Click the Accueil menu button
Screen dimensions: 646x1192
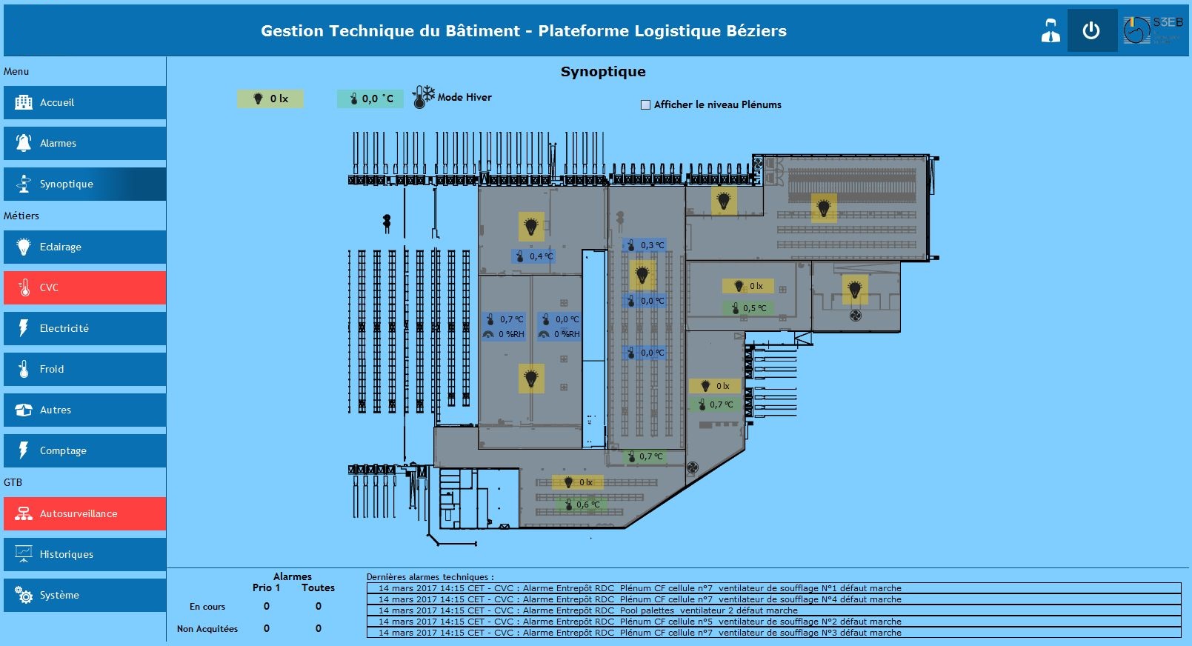tap(84, 102)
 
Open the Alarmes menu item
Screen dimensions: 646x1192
tap(84, 143)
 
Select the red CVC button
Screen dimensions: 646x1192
tap(84, 287)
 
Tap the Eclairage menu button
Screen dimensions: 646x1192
tap(84, 247)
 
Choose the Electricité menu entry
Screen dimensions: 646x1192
tap(84, 328)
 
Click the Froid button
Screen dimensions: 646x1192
tap(84, 369)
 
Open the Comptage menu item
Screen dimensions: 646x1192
tap(84, 450)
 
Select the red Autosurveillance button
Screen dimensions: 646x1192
tap(84, 513)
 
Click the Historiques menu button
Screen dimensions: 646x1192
tap(84, 554)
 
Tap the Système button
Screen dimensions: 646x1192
tap(84, 595)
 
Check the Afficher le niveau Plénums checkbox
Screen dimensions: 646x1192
tap(645, 105)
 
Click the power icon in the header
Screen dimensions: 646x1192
tap(1091, 31)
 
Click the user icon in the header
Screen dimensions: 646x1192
tap(1051, 31)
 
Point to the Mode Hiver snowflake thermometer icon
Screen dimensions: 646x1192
tap(423, 97)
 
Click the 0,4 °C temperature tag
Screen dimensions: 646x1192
tap(533, 256)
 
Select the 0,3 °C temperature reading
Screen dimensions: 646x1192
tap(645, 245)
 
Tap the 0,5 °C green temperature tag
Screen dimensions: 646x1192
tap(748, 308)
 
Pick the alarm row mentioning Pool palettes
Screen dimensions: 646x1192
tap(773, 610)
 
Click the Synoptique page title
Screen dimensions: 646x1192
tap(603, 72)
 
